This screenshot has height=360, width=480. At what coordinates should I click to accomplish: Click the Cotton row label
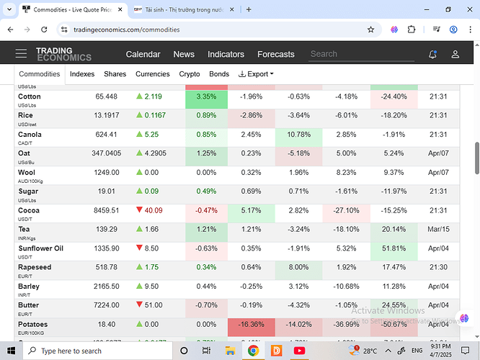[x=30, y=96]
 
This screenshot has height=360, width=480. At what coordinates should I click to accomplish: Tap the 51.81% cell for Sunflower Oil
[x=394, y=248]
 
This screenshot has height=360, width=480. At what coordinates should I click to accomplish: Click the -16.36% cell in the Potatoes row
[x=252, y=324]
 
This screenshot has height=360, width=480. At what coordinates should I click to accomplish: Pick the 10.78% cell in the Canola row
[x=298, y=135]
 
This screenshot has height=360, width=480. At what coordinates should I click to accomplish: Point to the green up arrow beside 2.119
[x=139, y=96]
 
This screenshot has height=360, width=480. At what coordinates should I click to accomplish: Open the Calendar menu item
[x=143, y=54]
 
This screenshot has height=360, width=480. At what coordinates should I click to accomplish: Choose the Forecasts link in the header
[x=275, y=54]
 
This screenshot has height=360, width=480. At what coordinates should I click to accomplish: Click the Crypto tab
[x=190, y=74]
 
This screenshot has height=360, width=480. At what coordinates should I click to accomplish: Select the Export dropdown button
[x=256, y=74]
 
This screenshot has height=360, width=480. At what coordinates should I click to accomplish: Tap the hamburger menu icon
[x=21, y=54]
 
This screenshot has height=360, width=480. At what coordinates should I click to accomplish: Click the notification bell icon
[x=432, y=54]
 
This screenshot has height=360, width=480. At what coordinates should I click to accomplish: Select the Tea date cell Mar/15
[x=438, y=229]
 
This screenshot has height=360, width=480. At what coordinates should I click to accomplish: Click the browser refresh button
[x=45, y=30]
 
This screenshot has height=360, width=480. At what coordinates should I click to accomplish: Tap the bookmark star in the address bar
[x=370, y=30]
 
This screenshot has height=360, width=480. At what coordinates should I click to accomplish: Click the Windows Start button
[x=13, y=351]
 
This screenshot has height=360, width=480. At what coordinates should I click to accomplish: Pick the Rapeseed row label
[x=35, y=267]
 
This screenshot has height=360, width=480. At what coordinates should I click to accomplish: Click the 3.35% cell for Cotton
[x=206, y=96]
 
